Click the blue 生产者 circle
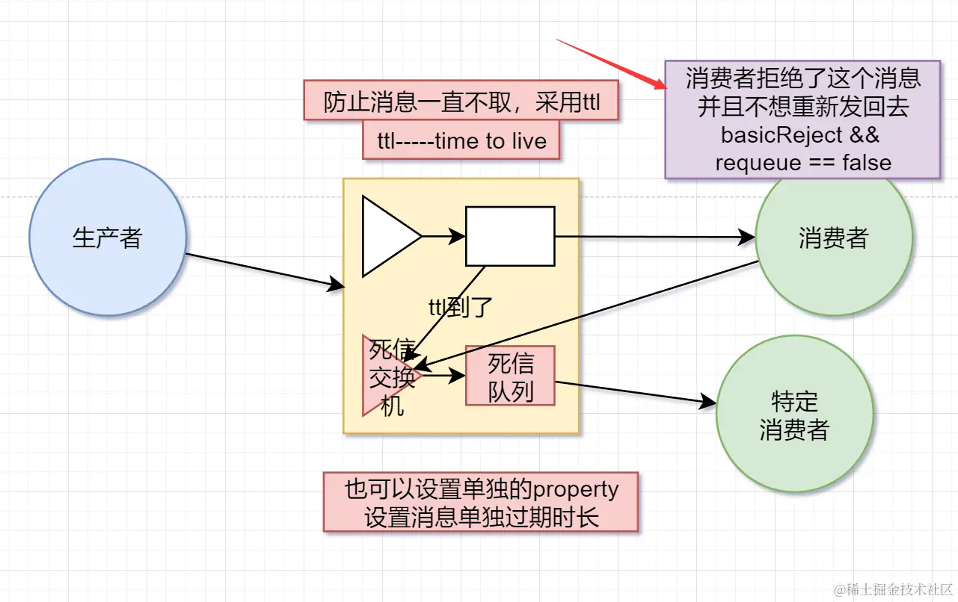tap(107, 238)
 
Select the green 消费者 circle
tap(833, 238)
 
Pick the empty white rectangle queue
tap(510, 236)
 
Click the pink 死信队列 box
tap(510, 376)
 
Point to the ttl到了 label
tap(461, 306)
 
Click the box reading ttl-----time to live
tap(461, 140)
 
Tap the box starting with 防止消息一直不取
tap(461, 100)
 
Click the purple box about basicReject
tap(802, 120)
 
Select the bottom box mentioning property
tap(481, 502)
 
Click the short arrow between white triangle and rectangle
tap(443, 237)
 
